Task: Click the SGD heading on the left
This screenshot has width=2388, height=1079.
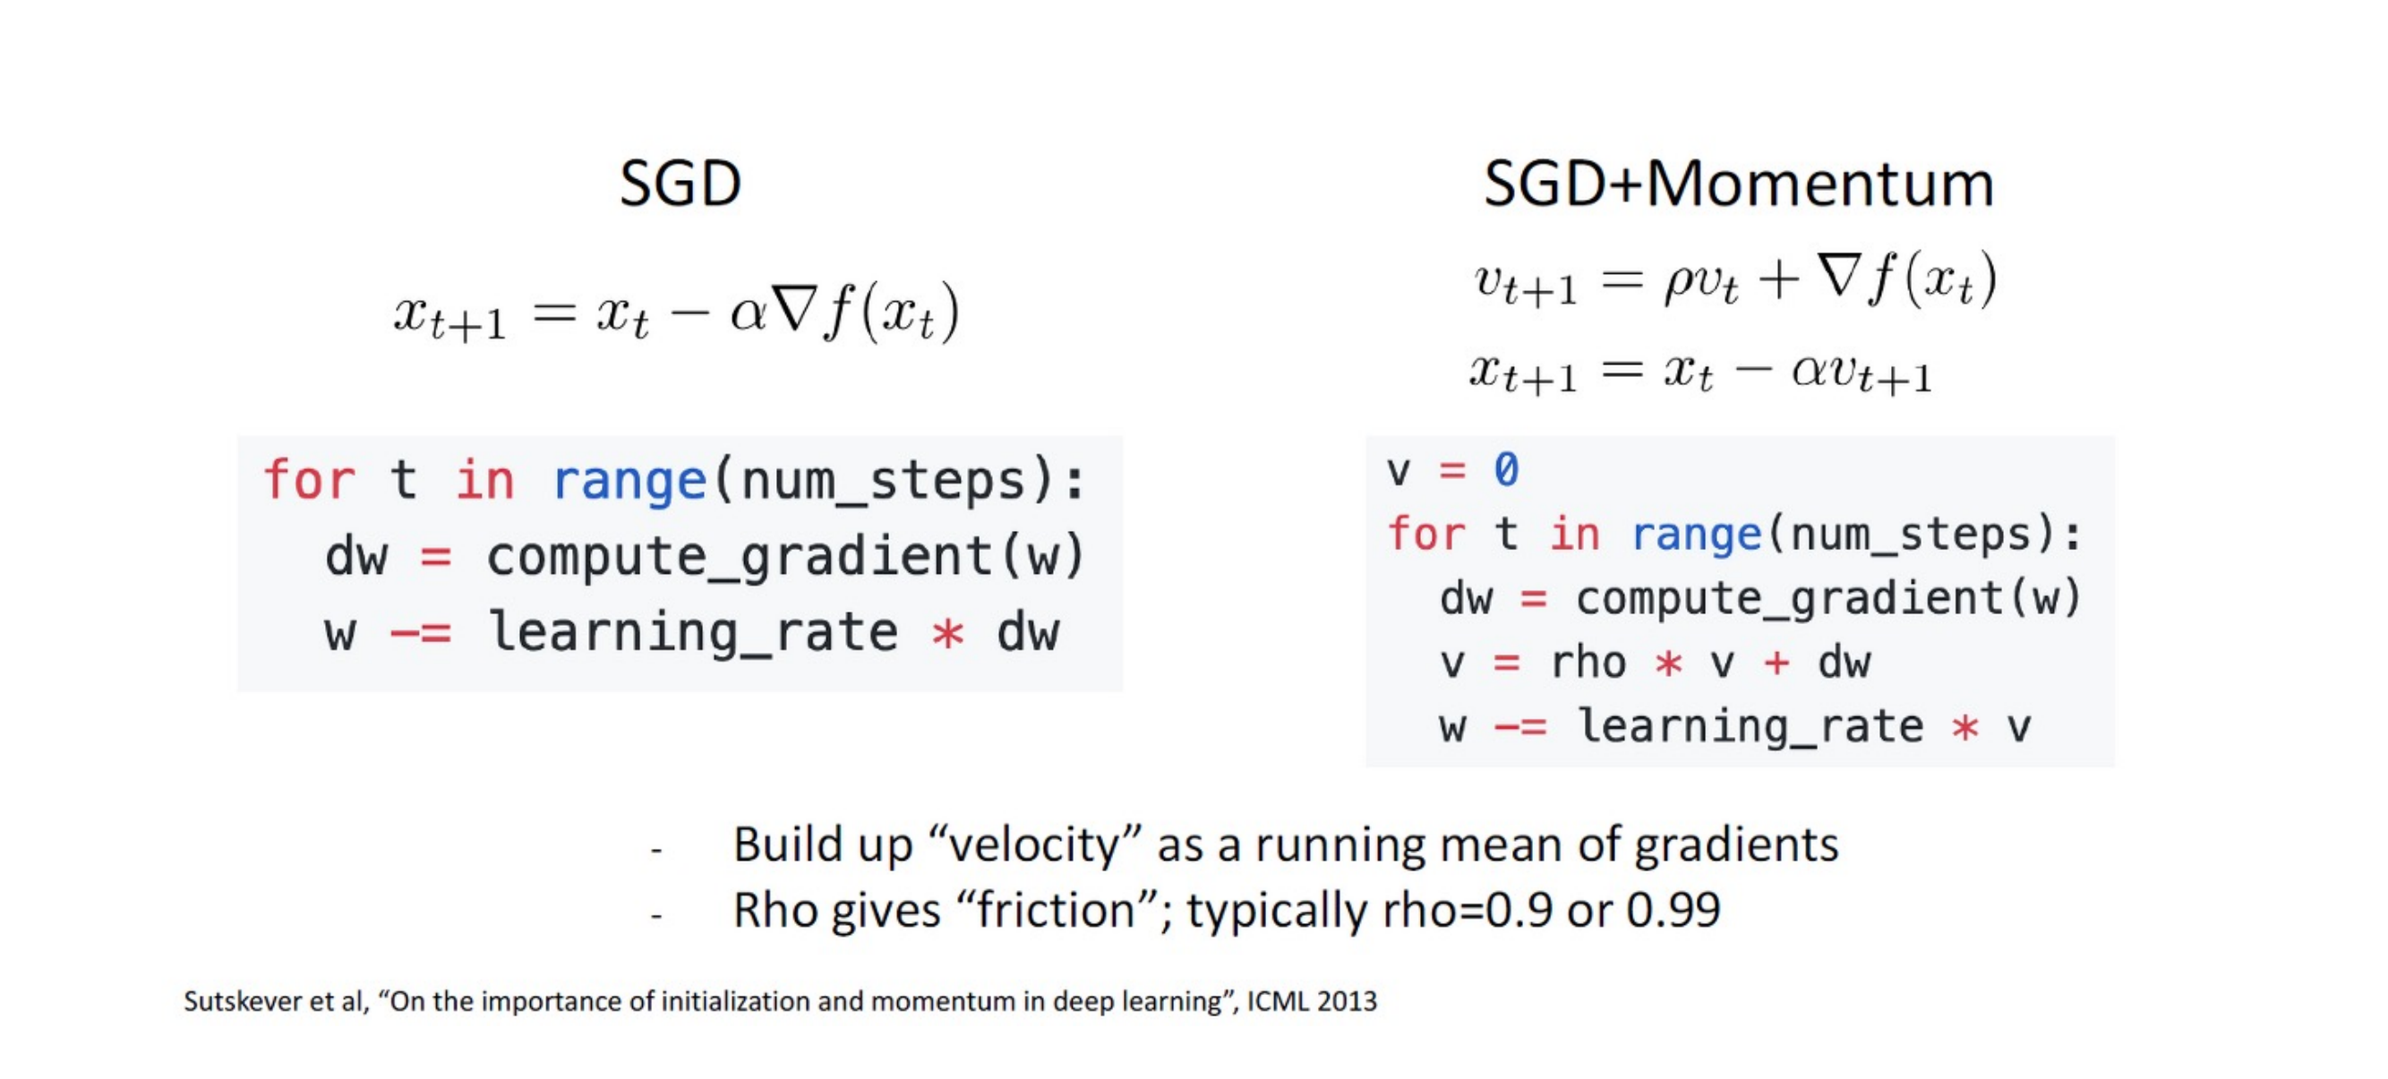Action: [x=680, y=184]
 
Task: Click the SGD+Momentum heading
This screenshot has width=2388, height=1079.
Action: [x=1738, y=184]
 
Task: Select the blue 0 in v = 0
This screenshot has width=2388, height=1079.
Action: [x=1506, y=469]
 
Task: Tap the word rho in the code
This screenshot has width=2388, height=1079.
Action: [x=1588, y=663]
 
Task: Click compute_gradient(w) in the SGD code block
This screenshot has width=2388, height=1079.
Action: [x=785, y=557]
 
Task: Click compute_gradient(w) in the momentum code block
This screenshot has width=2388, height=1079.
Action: [x=1829, y=599]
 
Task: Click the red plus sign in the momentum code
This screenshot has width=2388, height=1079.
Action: [x=1777, y=663]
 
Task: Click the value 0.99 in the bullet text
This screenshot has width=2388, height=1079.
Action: [x=1673, y=911]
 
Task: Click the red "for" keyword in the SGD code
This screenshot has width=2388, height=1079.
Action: [x=309, y=480]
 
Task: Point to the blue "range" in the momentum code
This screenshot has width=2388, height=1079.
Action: [x=1696, y=535]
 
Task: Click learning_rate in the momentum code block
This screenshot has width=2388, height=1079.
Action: [x=1750, y=727]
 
